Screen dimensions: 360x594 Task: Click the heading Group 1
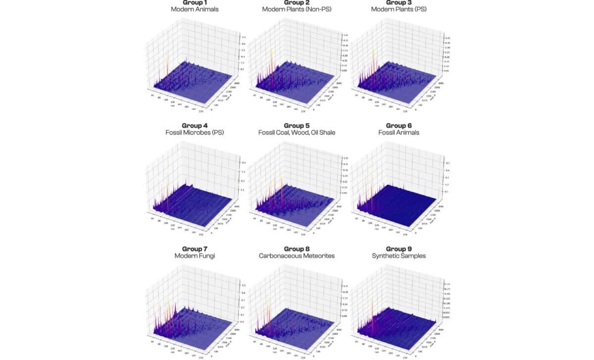195,2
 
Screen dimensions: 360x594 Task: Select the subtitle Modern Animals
195,9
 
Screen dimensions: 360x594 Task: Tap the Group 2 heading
297,2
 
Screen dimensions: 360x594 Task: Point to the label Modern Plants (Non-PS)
297,9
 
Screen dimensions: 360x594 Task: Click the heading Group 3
398,2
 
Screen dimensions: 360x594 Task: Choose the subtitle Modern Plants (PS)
398,9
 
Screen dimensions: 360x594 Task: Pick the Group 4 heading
195,125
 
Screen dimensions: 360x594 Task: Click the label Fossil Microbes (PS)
195,133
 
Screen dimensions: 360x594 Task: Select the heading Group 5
297,125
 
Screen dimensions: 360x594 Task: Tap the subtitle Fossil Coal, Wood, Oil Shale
297,133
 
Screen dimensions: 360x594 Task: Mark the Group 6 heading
398,125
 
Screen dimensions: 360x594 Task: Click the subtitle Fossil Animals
398,133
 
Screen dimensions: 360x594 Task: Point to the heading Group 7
195,249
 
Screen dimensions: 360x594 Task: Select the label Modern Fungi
195,256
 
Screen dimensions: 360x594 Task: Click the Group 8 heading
297,249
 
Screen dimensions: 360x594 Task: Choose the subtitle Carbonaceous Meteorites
297,256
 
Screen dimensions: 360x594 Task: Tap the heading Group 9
398,249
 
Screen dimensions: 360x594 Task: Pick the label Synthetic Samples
398,256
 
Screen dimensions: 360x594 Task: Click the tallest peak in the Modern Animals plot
167,51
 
